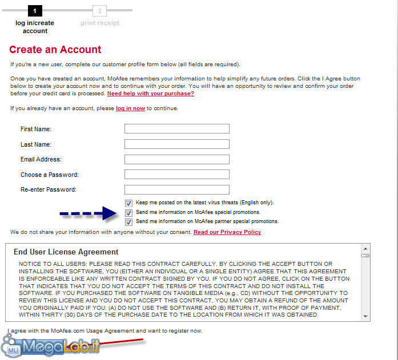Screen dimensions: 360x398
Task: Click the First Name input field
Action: pyautogui.click(x=176, y=129)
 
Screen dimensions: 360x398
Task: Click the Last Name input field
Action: pyautogui.click(x=176, y=144)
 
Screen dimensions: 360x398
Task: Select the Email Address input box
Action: pyautogui.click(x=176, y=160)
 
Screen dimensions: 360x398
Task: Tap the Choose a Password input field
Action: pyautogui.click(x=176, y=175)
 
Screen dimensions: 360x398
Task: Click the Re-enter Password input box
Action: pyautogui.click(x=176, y=189)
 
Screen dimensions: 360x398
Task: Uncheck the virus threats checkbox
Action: pyautogui.click(x=129, y=203)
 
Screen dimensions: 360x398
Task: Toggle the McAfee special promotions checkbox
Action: pyautogui.click(x=129, y=212)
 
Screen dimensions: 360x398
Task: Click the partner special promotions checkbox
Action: pyautogui.click(x=129, y=221)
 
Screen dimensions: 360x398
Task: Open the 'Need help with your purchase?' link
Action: pyautogui.click(x=151, y=93)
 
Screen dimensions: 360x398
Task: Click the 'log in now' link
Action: pyautogui.click(x=130, y=108)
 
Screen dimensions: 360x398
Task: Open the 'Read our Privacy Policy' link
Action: pyautogui.click(x=227, y=232)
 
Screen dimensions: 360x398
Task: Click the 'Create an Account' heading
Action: pyautogui.click(x=55, y=50)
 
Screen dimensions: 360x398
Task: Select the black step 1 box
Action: pyautogui.click(x=35, y=10)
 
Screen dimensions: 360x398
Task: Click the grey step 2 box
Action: pyautogui.click(x=100, y=10)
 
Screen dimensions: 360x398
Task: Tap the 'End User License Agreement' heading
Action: pyautogui.click(x=66, y=252)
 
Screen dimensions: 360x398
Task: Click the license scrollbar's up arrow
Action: pyautogui.click(x=365, y=249)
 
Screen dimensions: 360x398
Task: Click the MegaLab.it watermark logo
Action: pyautogui.click(x=51, y=346)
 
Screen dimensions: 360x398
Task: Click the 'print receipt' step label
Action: pyautogui.click(x=100, y=23)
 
